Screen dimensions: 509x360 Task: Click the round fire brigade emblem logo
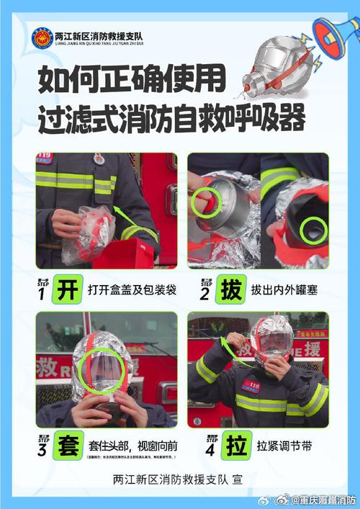tap(42, 37)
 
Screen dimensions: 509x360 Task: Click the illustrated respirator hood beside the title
tap(276, 69)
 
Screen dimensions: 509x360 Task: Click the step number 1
tap(41, 294)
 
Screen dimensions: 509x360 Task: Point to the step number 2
tap(204, 294)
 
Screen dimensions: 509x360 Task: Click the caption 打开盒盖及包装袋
tap(127, 289)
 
